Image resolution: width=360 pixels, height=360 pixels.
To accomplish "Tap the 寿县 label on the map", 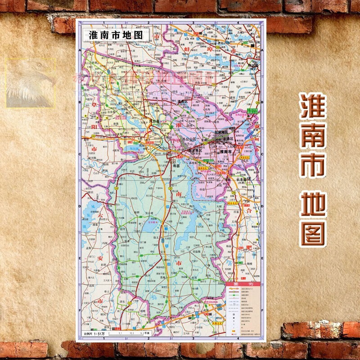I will point(176,166).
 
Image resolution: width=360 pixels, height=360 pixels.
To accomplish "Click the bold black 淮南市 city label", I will point(228,153).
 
